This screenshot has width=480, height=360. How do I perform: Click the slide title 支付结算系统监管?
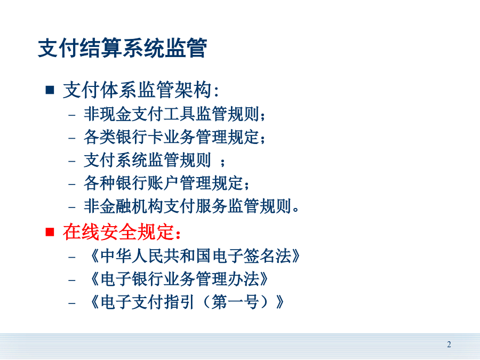click(123, 48)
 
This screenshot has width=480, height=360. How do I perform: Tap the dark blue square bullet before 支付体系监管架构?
click(50, 90)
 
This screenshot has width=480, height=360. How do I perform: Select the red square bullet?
click(50, 232)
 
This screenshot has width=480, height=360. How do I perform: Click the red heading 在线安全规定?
click(122, 232)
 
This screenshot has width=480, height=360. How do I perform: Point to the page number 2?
click(449, 345)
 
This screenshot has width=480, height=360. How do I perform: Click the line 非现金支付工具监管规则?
click(174, 114)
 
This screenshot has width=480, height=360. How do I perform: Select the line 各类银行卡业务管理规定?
click(174, 137)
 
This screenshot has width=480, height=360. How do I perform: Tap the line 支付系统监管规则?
click(154, 160)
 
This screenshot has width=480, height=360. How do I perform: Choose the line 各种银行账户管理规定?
click(166, 183)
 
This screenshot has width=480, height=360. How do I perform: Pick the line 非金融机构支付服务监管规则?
click(191, 206)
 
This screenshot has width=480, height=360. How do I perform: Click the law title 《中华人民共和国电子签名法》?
click(194, 255)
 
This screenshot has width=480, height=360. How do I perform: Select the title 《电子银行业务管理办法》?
click(178, 279)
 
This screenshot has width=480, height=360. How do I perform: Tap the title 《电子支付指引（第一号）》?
click(186, 302)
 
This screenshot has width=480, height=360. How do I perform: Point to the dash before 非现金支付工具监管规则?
click(72, 115)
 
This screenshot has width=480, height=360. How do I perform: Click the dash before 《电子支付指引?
click(72, 303)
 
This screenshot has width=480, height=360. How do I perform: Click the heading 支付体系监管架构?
click(141, 90)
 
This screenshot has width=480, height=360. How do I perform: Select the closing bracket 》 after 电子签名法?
click(295, 255)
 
